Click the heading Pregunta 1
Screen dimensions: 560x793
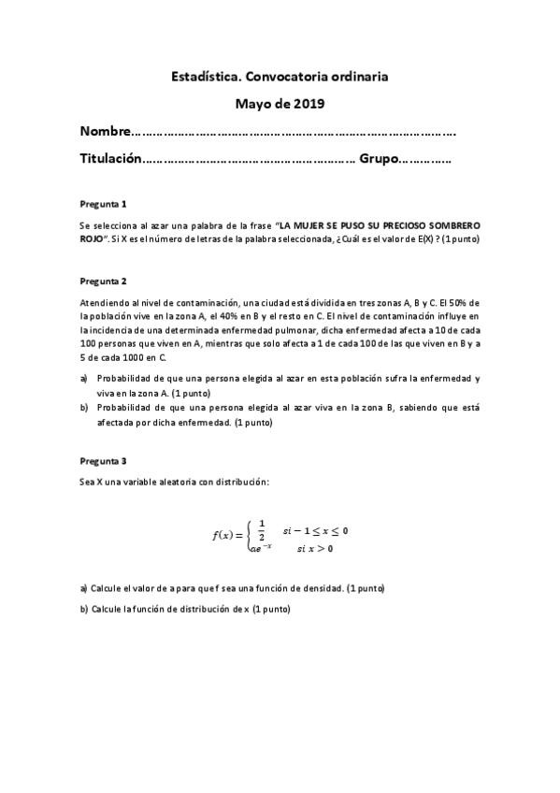point(103,203)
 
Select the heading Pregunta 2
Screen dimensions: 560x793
point(103,281)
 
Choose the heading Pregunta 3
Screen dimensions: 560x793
point(103,461)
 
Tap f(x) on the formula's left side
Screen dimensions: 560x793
point(225,535)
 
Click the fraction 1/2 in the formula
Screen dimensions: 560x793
point(262,528)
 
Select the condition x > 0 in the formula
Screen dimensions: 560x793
point(318,548)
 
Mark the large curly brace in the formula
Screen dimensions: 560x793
point(250,535)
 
